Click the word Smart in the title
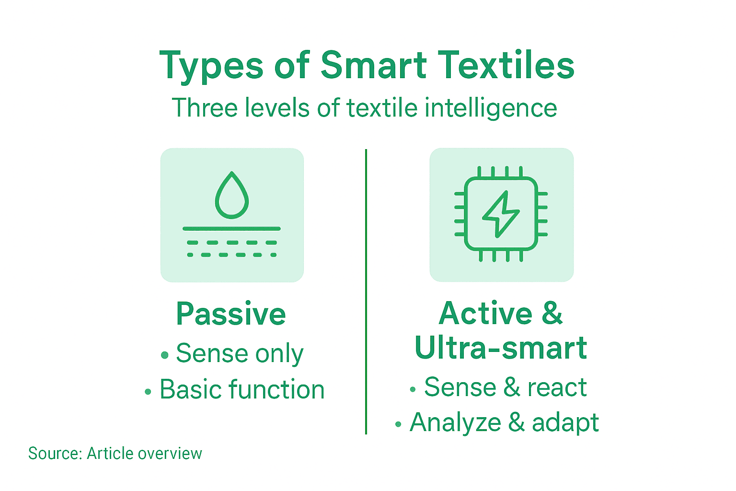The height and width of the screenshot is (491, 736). tap(373, 66)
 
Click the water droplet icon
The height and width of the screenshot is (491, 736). tap(232, 195)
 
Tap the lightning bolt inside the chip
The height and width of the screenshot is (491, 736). tap(500, 214)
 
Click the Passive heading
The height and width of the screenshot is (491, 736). tap(231, 314)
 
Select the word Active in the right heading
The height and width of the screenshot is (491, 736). tap(485, 314)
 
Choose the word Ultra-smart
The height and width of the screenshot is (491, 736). tap(501, 348)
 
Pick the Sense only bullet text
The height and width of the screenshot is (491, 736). tap(240, 354)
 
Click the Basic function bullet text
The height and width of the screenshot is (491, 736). tap(242, 389)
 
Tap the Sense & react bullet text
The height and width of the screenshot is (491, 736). tap(505, 387)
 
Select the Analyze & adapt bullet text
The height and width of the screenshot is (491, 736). tap(504, 423)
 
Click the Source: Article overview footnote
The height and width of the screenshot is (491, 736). tap(115, 454)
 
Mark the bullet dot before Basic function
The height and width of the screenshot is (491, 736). tap(148, 392)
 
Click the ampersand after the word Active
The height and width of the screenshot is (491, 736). tap(552, 314)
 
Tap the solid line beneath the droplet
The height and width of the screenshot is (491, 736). tap(232, 229)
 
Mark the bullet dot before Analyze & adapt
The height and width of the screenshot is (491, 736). tap(398, 425)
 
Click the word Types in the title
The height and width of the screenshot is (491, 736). tap(211, 66)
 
